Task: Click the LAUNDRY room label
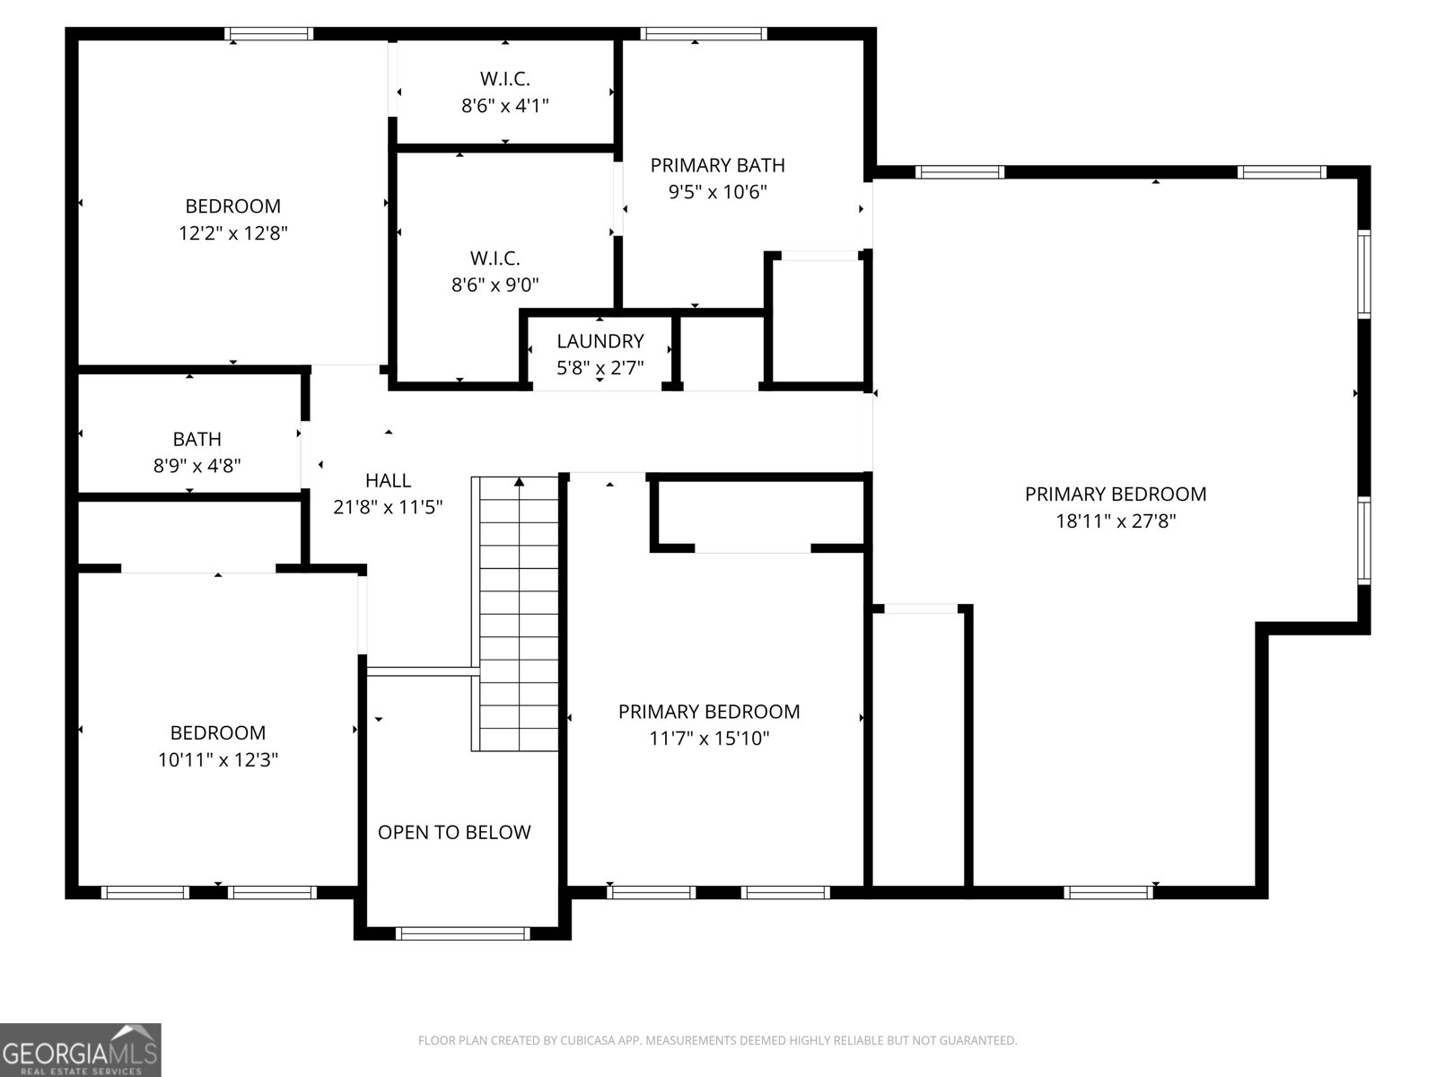pyautogui.click(x=600, y=341)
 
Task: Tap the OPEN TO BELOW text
pyautogui.click(x=454, y=833)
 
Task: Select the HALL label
pyautogui.click(x=388, y=481)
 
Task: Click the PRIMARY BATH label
pyautogui.click(x=718, y=165)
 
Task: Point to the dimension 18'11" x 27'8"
pyautogui.click(x=1116, y=521)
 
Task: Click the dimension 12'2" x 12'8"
pyautogui.click(x=232, y=233)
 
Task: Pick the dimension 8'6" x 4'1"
pyautogui.click(x=505, y=106)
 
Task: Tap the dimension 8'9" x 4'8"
pyautogui.click(x=197, y=466)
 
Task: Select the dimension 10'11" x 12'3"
pyautogui.click(x=218, y=760)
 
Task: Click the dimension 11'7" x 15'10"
pyautogui.click(x=709, y=739)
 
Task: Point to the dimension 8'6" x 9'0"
pyautogui.click(x=495, y=285)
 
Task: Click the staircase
pyautogui.click(x=515, y=614)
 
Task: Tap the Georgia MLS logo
pyautogui.click(x=81, y=1049)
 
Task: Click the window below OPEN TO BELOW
pyautogui.click(x=462, y=933)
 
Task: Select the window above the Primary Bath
pyautogui.click(x=704, y=34)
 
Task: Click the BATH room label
pyautogui.click(x=197, y=439)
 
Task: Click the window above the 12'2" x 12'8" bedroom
pyautogui.click(x=269, y=34)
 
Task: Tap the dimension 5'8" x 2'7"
pyautogui.click(x=600, y=368)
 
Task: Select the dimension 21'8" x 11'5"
pyautogui.click(x=388, y=507)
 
